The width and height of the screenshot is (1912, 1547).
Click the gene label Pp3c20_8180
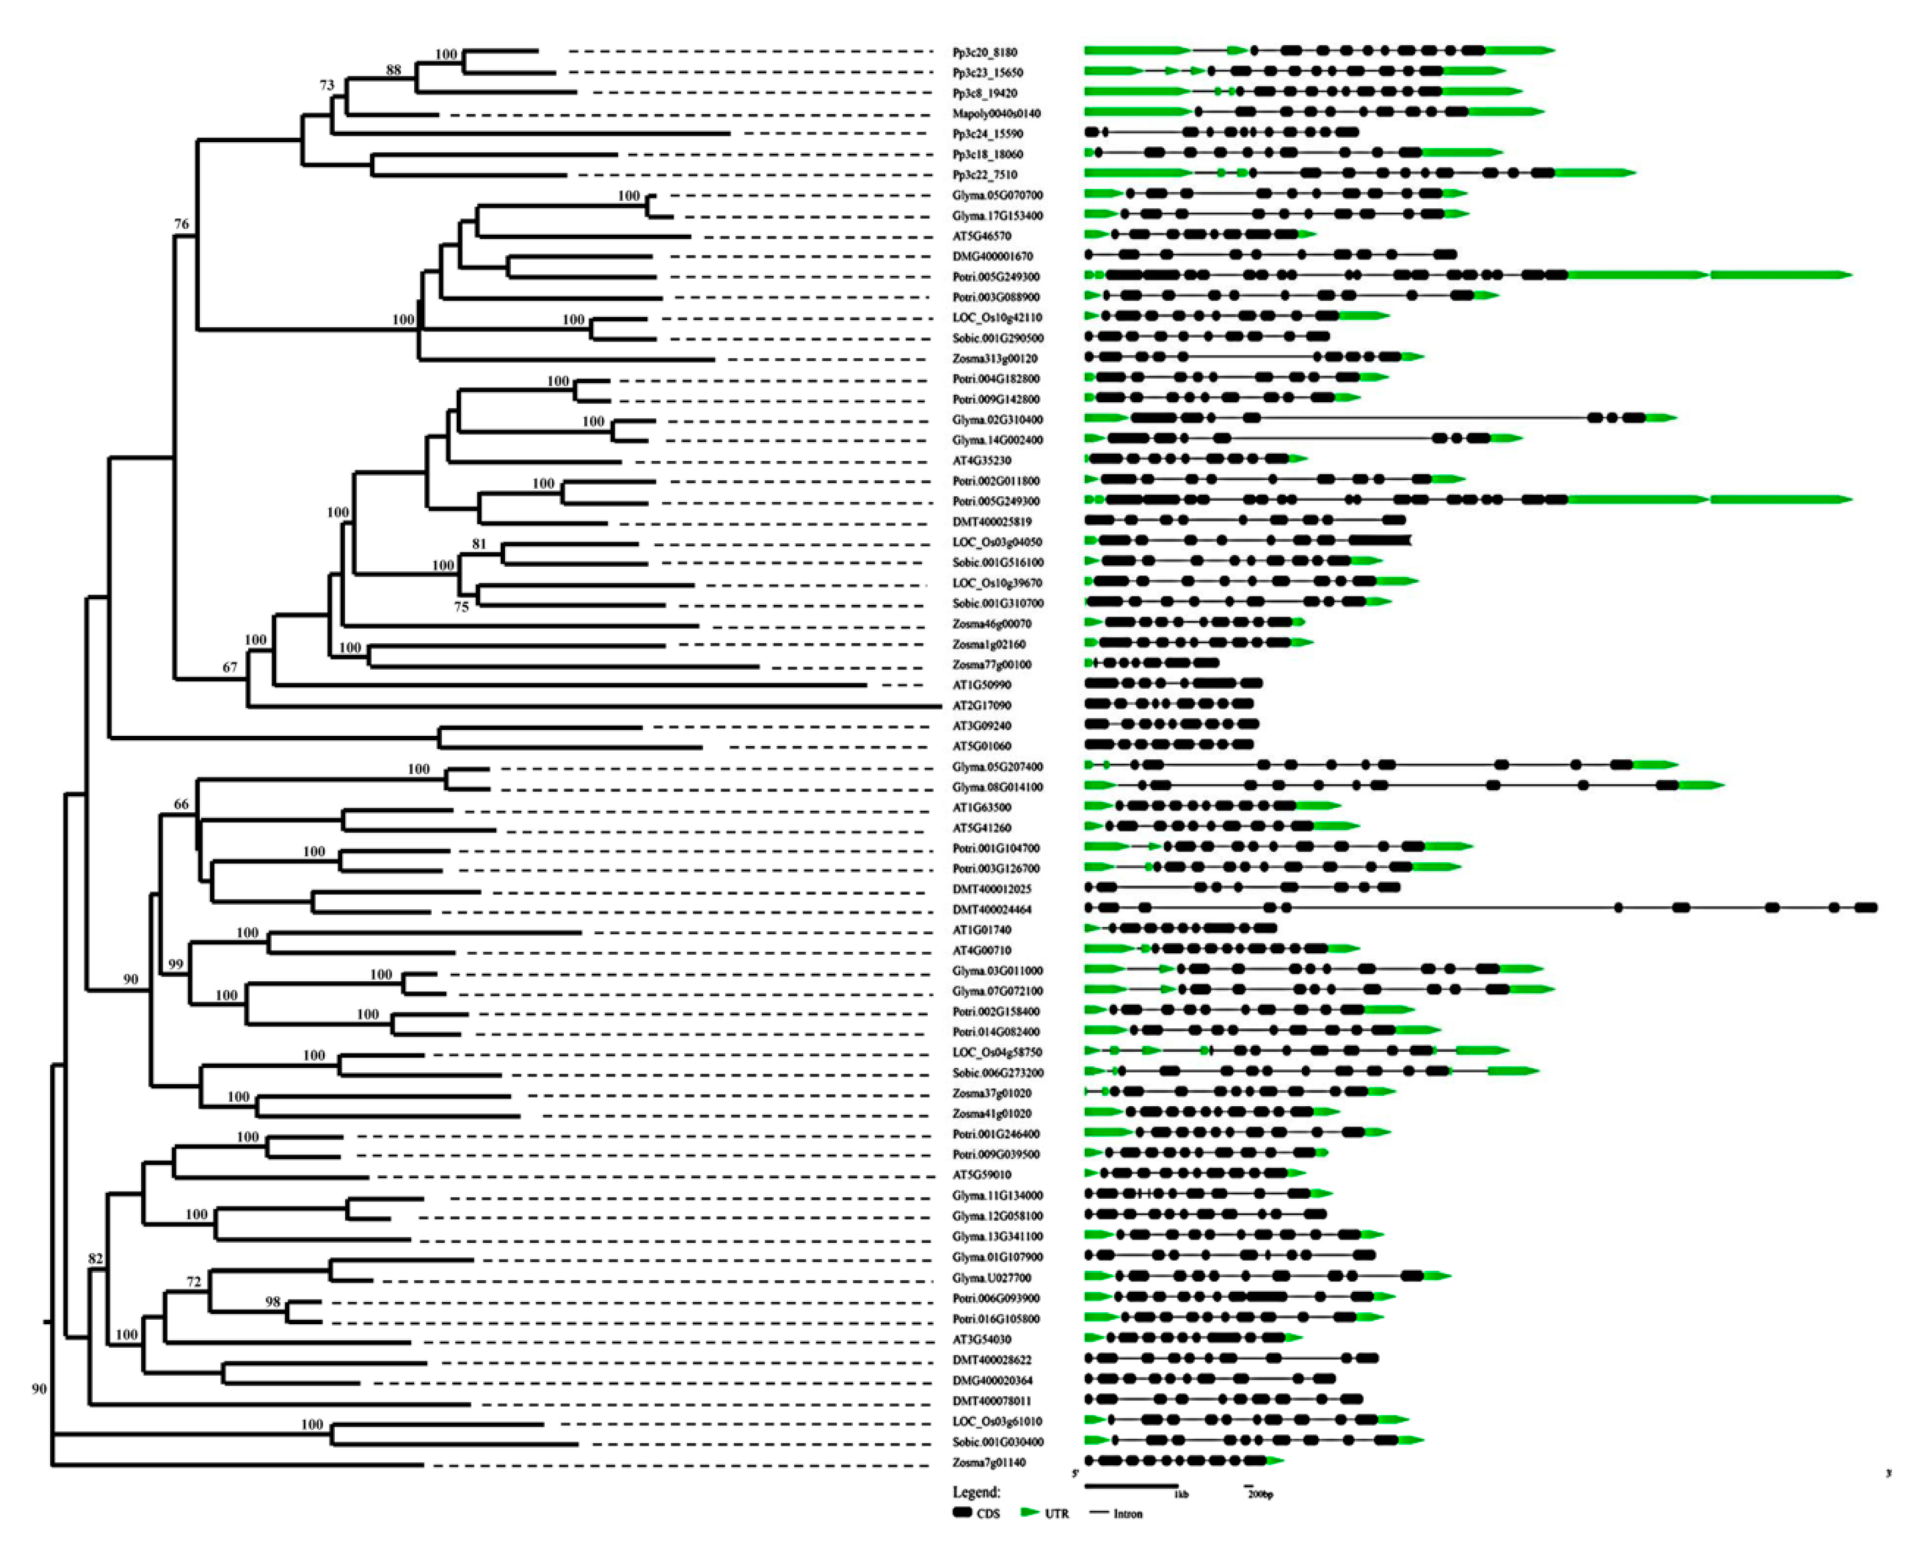[x=984, y=53]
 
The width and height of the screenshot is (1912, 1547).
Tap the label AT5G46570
[x=982, y=236]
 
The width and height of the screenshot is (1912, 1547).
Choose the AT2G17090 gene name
[x=982, y=706]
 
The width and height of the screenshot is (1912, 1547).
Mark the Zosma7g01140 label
[x=989, y=1462]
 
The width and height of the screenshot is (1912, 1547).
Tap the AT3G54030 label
[x=982, y=1339]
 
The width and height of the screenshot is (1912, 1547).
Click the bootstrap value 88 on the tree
[x=393, y=69]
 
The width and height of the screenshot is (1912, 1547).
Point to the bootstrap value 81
[x=480, y=544]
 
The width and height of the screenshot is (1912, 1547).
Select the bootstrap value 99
[x=176, y=964]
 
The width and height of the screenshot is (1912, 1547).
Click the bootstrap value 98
[x=273, y=1302]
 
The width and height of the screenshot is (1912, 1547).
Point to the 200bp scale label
[x=1259, y=1494]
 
